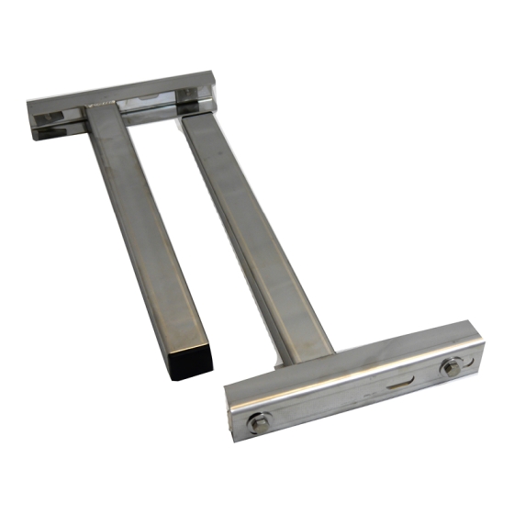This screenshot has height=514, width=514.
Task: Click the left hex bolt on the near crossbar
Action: [x=259, y=422]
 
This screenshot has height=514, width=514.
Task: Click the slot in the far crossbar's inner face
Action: [x=154, y=96]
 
